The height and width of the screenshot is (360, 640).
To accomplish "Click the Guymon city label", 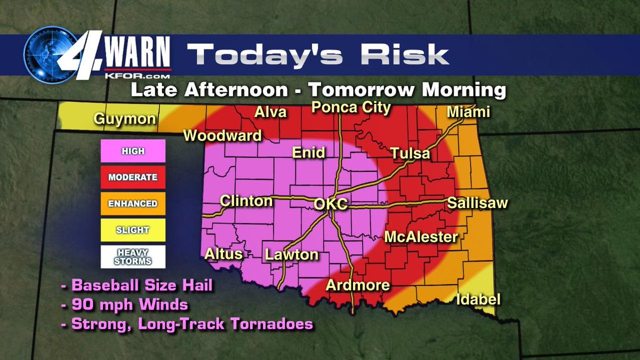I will click(x=126, y=118).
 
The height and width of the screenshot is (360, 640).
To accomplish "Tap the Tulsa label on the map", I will click(x=410, y=154).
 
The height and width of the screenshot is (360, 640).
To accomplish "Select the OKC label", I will click(x=331, y=204).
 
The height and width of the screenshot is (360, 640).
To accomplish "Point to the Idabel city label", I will click(x=478, y=300).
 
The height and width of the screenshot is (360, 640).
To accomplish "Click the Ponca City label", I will click(x=351, y=107).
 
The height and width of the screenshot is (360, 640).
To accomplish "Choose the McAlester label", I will click(x=421, y=237).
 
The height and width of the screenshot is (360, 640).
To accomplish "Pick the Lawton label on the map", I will click(x=292, y=254).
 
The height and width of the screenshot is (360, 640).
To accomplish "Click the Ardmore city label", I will click(x=358, y=285).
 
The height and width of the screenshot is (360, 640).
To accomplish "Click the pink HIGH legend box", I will click(x=133, y=151).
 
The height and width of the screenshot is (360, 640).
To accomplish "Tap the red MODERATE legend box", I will click(x=133, y=177).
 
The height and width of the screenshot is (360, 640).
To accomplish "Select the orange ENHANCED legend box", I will click(x=133, y=203).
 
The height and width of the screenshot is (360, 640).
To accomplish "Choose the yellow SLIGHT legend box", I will click(x=133, y=230).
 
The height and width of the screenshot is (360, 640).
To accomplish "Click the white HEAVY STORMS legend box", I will click(x=133, y=257).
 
